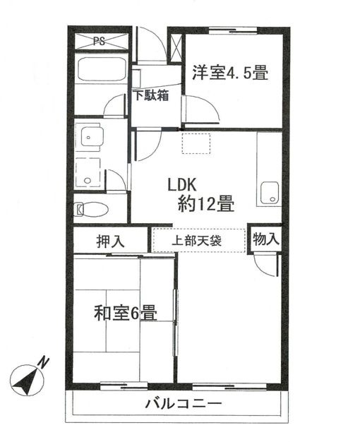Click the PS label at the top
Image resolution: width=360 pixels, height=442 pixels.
tap(100, 40)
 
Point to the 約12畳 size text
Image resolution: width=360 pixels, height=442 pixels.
tap(206, 204)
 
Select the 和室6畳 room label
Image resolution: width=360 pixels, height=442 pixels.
tap(126, 311)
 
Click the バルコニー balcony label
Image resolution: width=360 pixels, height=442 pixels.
tap(184, 405)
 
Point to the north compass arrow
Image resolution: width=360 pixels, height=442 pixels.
tap(27, 380)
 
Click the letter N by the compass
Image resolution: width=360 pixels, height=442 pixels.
tap(44, 362)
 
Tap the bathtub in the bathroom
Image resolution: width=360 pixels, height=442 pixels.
tap(100, 71)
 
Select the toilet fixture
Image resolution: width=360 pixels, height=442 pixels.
tap(92, 209)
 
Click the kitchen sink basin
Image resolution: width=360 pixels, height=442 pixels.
tap(269, 193)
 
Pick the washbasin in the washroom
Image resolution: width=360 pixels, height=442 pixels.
tap(90, 136)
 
